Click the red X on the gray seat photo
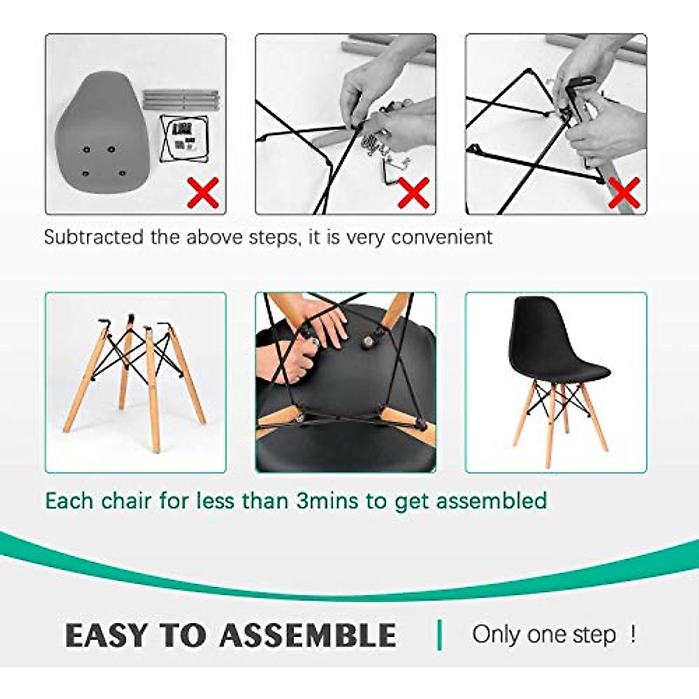coord(203,193)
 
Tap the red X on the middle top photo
coord(413,193)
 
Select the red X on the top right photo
coord(624,193)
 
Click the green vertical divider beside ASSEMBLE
coord(440,635)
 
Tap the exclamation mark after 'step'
coord(633,634)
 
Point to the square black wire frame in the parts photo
coord(184,139)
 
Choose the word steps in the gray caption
coord(270,238)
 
